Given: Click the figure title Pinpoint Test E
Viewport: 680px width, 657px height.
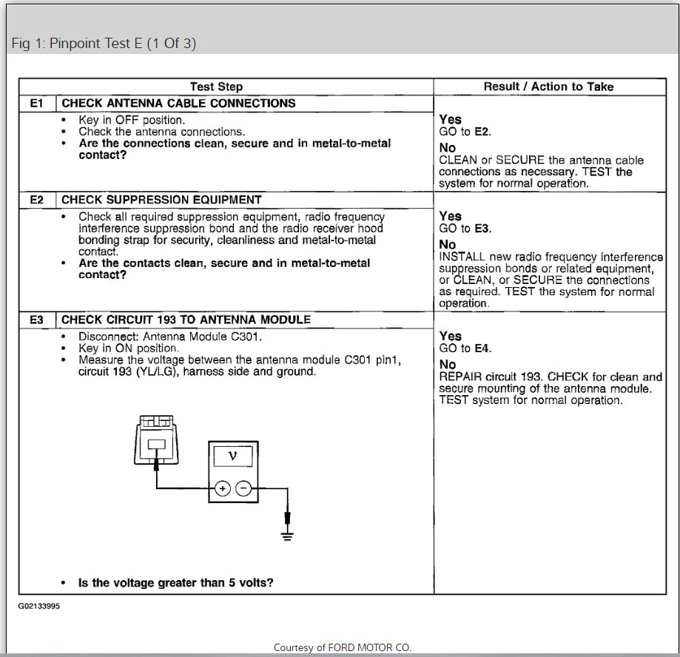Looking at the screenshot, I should pyautogui.click(x=104, y=43).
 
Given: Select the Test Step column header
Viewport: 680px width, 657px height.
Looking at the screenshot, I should pyautogui.click(x=216, y=87).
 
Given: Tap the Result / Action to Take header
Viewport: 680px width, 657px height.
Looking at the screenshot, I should pyautogui.click(x=548, y=87).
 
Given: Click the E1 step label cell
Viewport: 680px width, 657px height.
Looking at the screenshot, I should pyautogui.click(x=37, y=104).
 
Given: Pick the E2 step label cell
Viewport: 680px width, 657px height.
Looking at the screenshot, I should pyautogui.click(x=37, y=200).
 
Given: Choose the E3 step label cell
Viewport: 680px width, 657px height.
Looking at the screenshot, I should pyautogui.click(x=37, y=320).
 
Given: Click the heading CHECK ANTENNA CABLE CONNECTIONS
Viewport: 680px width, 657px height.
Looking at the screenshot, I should pyautogui.click(x=178, y=104).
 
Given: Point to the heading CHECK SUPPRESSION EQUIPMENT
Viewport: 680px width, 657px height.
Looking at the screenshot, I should pyautogui.click(x=161, y=200).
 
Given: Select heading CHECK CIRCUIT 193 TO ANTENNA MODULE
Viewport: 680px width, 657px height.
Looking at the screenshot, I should pyautogui.click(x=186, y=320).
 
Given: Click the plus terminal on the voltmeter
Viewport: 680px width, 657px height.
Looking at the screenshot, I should pyautogui.click(x=222, y=488).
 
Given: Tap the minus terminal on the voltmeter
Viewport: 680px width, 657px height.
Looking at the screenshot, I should pyautogui.click(x=243, y=488).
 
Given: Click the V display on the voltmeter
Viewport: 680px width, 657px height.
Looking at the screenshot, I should pyautogui.click(x=232, y=456).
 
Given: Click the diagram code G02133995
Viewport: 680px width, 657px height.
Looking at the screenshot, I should pyautogui.click(x=40, y=605).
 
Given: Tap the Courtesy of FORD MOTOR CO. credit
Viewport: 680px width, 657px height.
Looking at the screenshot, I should pyautogui.click(x=342, y=647).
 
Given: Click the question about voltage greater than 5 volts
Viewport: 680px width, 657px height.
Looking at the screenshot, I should pyautogui.click(x=176, y=583).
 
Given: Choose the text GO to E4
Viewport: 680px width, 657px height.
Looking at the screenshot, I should pyautogui.click(x=465, y=348).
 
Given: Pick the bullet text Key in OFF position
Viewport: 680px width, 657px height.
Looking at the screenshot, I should pyautogui.click(x=132, y=120).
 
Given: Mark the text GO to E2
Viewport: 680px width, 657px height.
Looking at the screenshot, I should pyautogui.click(x=465, y=132).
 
